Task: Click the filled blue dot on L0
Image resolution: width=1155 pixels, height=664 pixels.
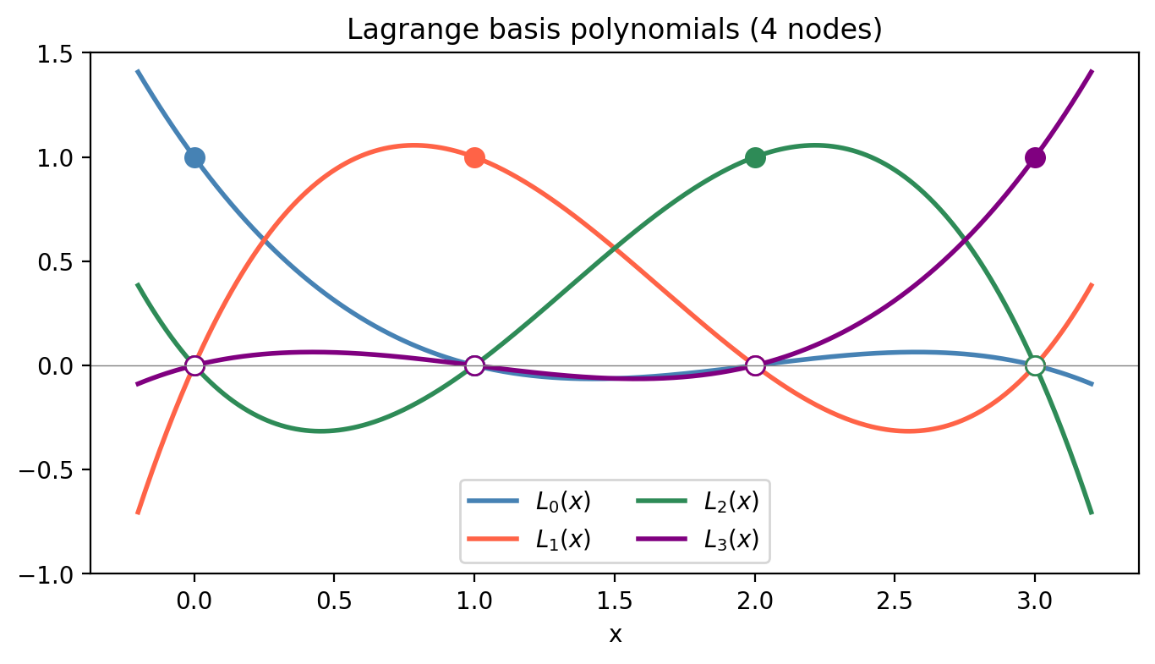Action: click(x=194, y=157)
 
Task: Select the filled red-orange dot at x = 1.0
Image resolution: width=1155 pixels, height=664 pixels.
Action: click(x=474, y=157)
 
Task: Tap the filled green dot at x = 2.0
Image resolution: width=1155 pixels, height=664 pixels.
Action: click(x=755, y=157)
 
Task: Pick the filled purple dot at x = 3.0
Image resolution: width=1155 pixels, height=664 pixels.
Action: click(x=1035, y=157)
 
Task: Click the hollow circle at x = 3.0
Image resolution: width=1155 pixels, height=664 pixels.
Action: click(x=1035, y=365)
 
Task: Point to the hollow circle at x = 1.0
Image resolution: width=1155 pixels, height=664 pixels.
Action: click(x=474, y=365)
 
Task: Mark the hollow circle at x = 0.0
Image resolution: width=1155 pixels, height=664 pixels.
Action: click(x=194, y=365)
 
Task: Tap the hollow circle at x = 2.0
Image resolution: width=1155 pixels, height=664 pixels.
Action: click(x=755, y=365)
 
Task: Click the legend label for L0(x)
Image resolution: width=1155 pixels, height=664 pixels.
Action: click(x=563, y=502)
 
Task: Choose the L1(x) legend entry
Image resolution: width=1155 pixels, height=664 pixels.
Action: click(x=563, y=539)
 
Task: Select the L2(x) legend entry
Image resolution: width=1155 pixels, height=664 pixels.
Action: click(x=731, y=502)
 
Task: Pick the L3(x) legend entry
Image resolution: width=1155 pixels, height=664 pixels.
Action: click(x=731, y=539)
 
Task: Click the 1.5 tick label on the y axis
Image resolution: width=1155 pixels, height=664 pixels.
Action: click(x=68, y=53)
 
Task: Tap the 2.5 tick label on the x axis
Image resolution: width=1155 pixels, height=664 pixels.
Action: click(x=895, y=602)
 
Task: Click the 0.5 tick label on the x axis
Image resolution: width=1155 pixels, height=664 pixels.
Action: click(x=334, y=602)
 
